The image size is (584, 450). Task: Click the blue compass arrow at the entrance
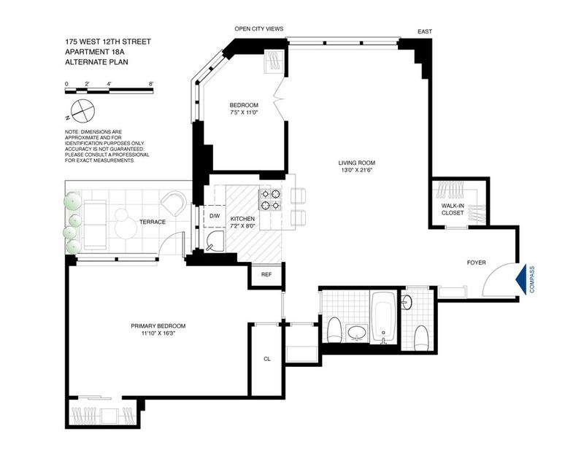tap(521, 279)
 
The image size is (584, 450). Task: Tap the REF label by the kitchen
tap(266, 275)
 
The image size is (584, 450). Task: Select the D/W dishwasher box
tap(215, 216)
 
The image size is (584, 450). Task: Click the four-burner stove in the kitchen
tap(270, 199)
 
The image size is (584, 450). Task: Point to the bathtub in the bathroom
tap(384, 318)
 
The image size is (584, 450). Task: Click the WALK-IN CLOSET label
tap(452, 209)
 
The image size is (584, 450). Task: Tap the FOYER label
tap(477, 263)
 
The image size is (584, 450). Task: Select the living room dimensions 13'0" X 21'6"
tap(356, 170)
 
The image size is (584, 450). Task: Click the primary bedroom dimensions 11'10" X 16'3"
tap(158, 333)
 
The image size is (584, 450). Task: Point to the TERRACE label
tap(153, 222)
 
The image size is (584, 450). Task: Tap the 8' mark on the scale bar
tap(151, 84)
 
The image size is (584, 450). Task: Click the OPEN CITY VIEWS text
tap(259, 28)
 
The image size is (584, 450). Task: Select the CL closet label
tap(267, 359)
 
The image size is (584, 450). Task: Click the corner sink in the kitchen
tap(215, 241)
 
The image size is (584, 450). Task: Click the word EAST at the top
tap(425, 31)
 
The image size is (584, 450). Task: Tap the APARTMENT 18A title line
tap(97, 52)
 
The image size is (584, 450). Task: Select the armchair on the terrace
tap(174, 203)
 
